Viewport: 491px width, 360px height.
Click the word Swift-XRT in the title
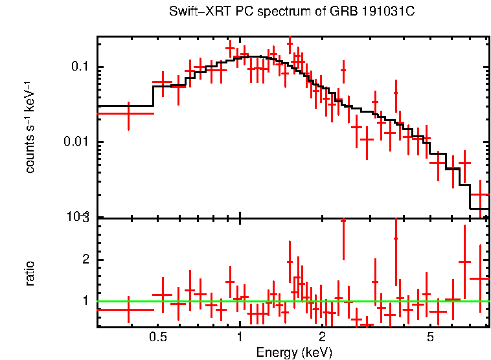pos(192,12)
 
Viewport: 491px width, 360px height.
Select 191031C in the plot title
pos(372,12)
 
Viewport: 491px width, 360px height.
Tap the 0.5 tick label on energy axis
pos(157,337)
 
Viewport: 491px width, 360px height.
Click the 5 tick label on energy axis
pos(430,337)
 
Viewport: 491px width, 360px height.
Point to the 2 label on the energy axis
pos(322,337)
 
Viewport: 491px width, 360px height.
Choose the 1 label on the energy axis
pos(240,337)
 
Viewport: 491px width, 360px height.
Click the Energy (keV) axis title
pos(294,352)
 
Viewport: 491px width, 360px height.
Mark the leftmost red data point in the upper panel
pos(128,113)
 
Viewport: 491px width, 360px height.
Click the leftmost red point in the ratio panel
pos(128,309)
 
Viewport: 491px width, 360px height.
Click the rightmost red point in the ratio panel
pos(479,278)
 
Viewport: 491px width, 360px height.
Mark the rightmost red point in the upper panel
pos(479,194)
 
